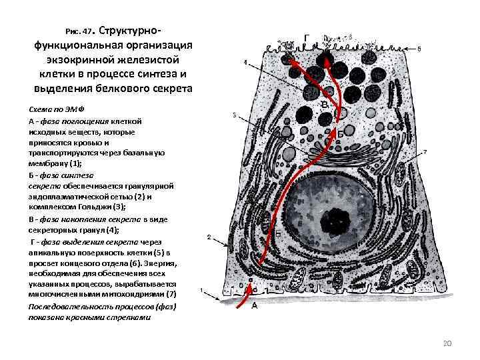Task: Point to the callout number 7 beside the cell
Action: point(425,153)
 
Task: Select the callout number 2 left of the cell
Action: point(209,237)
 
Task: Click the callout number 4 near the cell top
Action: point(245,63)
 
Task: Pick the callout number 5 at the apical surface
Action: point(419,49)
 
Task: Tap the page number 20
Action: point(447,343)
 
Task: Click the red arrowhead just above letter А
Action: point(251,289)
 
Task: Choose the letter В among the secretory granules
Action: point(325,105)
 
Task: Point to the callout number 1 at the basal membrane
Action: point(204,291)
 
